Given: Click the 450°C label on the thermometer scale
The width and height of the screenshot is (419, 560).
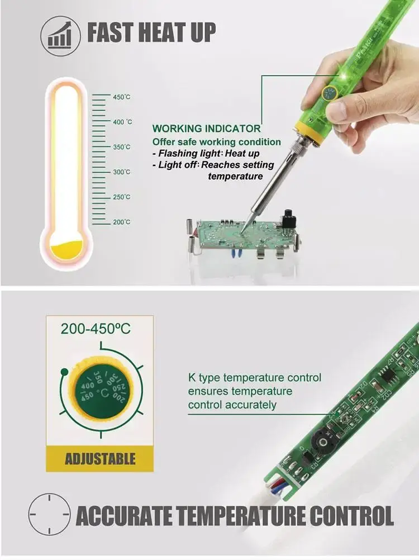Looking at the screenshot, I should pyautogui.click(x=122, y=97).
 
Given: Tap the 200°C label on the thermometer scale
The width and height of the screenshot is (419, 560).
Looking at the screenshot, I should pyautogui.click(x=122, y=222).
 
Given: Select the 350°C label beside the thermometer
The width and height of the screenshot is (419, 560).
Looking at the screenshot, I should pyautogui.click(x=122, y=147).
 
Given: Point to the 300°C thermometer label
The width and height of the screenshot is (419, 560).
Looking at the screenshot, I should pyautogui.click(x=122, y=172).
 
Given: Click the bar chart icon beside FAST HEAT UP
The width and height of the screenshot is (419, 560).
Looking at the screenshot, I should pyautogui.click(x=59, y=35).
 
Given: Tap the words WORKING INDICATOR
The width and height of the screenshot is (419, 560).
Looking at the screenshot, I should pyautogui.click(x=206, y=129).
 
